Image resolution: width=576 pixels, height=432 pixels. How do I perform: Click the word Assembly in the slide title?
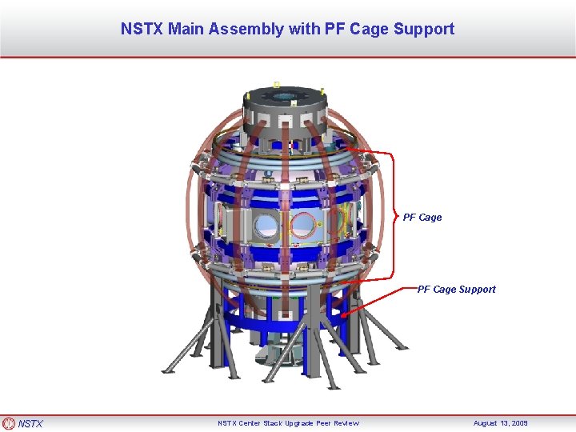tap(246, 30)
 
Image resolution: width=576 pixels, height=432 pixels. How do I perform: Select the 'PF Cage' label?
tap(422, 217)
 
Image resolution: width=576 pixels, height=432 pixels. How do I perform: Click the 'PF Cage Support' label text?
tap(456, 289)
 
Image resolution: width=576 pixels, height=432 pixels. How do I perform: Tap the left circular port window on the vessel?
tap(268, 228)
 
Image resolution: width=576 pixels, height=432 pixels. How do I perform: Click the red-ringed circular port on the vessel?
tap(303, 226)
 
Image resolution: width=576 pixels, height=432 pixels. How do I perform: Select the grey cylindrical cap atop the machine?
tap(283, 112)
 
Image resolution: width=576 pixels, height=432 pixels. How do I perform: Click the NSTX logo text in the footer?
tap(31, 423)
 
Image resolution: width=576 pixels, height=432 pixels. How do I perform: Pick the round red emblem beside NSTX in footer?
tap(9, 423)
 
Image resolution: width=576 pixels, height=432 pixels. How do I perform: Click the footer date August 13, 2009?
tap(501, 423)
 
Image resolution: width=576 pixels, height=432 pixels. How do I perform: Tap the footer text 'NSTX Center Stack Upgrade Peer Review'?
tap(288, 423)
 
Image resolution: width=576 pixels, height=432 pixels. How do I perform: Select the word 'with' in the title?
tap(304, 30)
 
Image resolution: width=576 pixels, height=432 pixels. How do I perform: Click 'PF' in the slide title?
tap(334, 30)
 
